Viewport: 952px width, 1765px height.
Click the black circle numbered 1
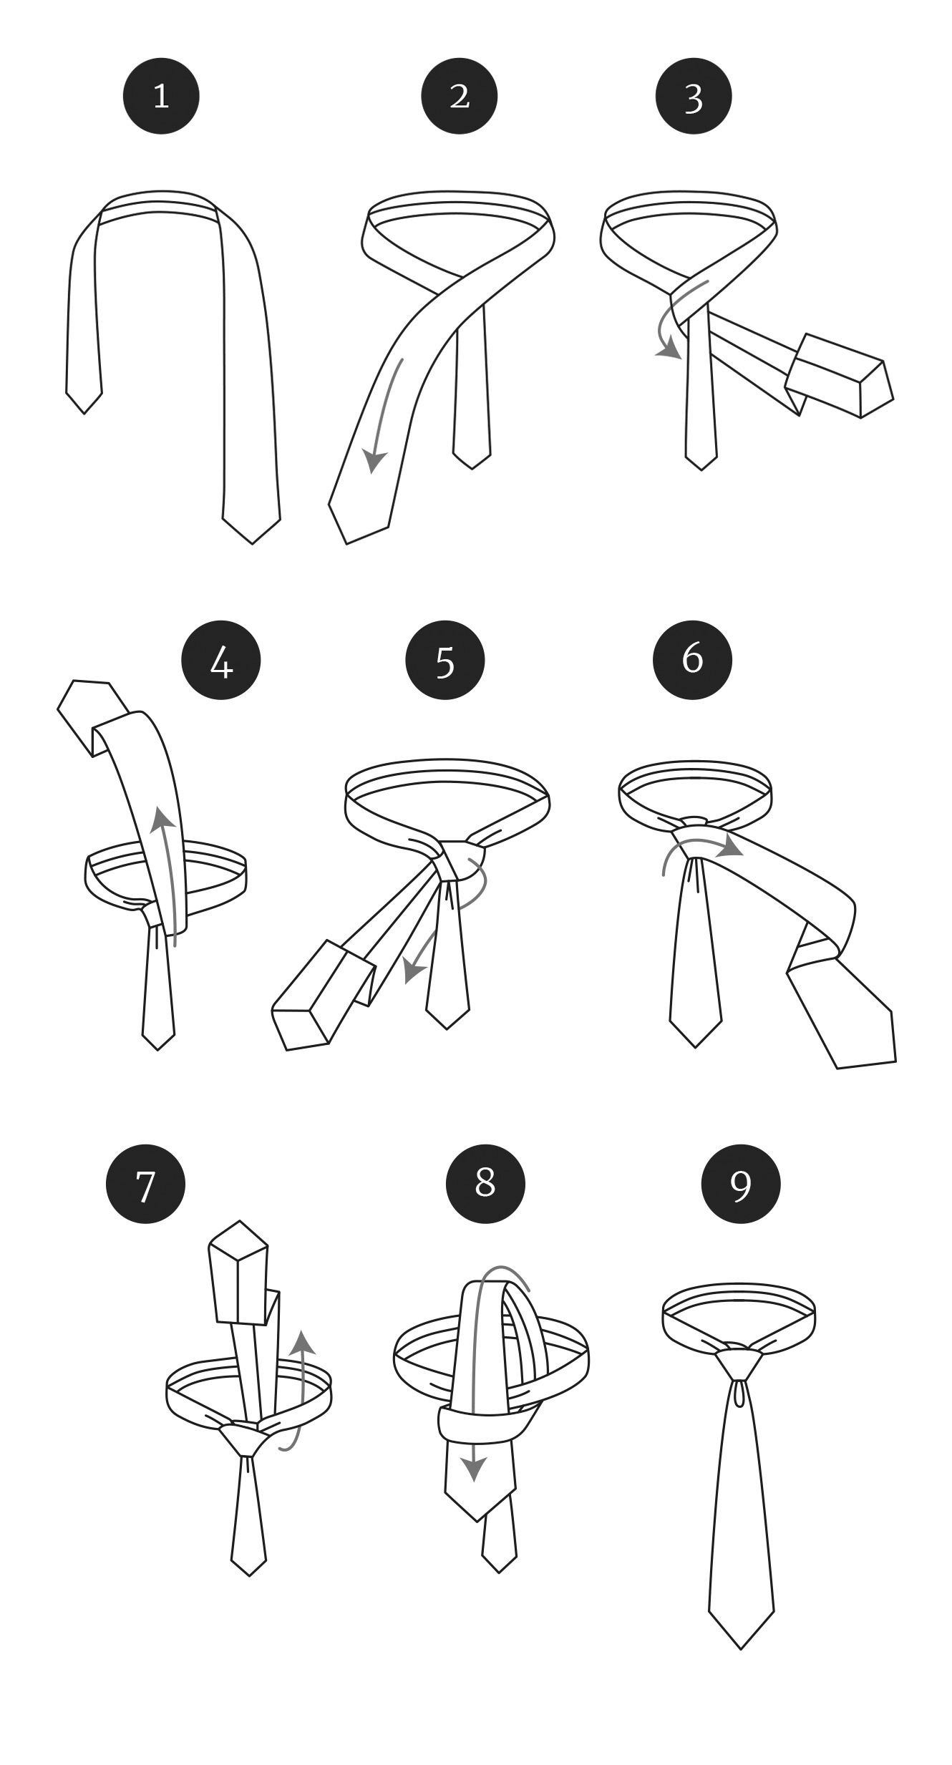tap(161, 96)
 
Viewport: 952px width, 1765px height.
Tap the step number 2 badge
tap(459, 96)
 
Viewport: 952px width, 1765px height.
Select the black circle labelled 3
tap(694, 96)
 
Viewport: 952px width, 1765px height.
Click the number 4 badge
tap(222, 661)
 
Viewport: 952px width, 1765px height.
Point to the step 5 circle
tap(445, 661)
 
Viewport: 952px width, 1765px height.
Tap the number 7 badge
tap(145, 1184)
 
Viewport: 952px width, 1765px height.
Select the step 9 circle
tap(741, 1184)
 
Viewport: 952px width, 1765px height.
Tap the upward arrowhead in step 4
tap(164, 816)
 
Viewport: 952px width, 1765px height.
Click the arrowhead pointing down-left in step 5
tap(412, 972)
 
